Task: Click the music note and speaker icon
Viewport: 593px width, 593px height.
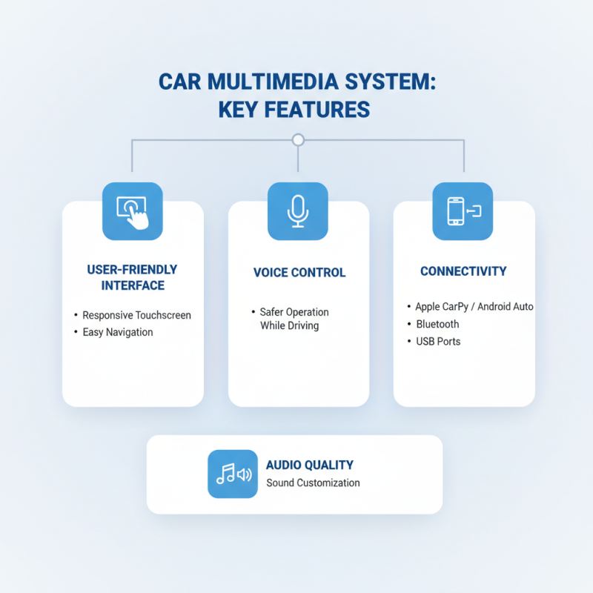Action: [233, 474]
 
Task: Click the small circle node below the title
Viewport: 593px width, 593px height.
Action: [298, 139]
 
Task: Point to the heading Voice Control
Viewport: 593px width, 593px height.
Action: [299, 273]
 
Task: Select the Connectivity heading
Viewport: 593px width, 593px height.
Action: [463, 271]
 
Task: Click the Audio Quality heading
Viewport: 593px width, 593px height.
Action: [309, 465]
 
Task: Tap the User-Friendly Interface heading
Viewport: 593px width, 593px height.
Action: [132, 277]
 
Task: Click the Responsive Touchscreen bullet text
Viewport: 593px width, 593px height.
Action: [136, 315]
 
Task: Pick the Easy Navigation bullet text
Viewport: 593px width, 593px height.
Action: [117, 332]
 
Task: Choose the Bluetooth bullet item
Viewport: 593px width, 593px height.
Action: [437, 324]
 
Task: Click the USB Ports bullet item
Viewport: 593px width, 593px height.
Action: [438, 342]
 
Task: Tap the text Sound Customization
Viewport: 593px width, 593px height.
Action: [313, 483]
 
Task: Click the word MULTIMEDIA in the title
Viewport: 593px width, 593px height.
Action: [280, 82]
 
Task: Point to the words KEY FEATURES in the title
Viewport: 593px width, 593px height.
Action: [294, 109]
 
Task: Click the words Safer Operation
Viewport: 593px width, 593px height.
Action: [294, 312]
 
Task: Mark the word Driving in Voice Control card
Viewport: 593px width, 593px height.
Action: [303, 326]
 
